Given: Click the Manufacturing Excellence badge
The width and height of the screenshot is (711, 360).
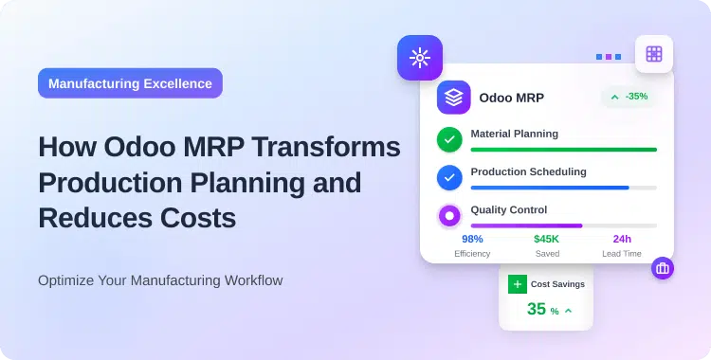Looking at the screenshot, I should [130, 83].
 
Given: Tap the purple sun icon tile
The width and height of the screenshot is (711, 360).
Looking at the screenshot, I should [420, 59].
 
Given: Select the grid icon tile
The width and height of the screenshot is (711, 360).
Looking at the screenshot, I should [653, 54].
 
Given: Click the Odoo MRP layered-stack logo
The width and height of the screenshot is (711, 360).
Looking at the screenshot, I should [454, 98].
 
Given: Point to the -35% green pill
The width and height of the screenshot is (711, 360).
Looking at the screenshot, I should [629, 97].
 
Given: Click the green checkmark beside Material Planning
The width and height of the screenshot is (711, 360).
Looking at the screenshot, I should [449, 140].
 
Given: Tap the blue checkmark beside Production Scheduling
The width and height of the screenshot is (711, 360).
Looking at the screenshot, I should [449, 177].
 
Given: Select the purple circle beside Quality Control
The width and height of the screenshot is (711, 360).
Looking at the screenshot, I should [449, 216].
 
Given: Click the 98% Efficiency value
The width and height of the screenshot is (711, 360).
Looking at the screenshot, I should [472, 240].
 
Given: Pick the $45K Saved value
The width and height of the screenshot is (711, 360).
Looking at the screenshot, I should [546, 240].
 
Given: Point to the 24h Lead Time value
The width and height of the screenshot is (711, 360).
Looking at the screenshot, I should [622, 240].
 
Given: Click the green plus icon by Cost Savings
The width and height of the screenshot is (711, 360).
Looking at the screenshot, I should [517, 284].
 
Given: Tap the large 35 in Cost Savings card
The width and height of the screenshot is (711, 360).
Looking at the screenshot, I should [537, 310].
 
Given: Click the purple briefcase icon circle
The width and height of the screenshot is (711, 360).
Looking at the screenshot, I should [663, 268].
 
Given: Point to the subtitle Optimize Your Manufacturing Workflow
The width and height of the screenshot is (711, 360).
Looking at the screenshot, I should [160, 280].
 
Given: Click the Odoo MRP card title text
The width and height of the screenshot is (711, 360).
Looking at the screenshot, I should [512, 98].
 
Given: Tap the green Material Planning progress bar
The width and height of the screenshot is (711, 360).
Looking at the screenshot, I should [563, 150].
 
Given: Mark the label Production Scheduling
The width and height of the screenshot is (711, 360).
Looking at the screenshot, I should [528, 171].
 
